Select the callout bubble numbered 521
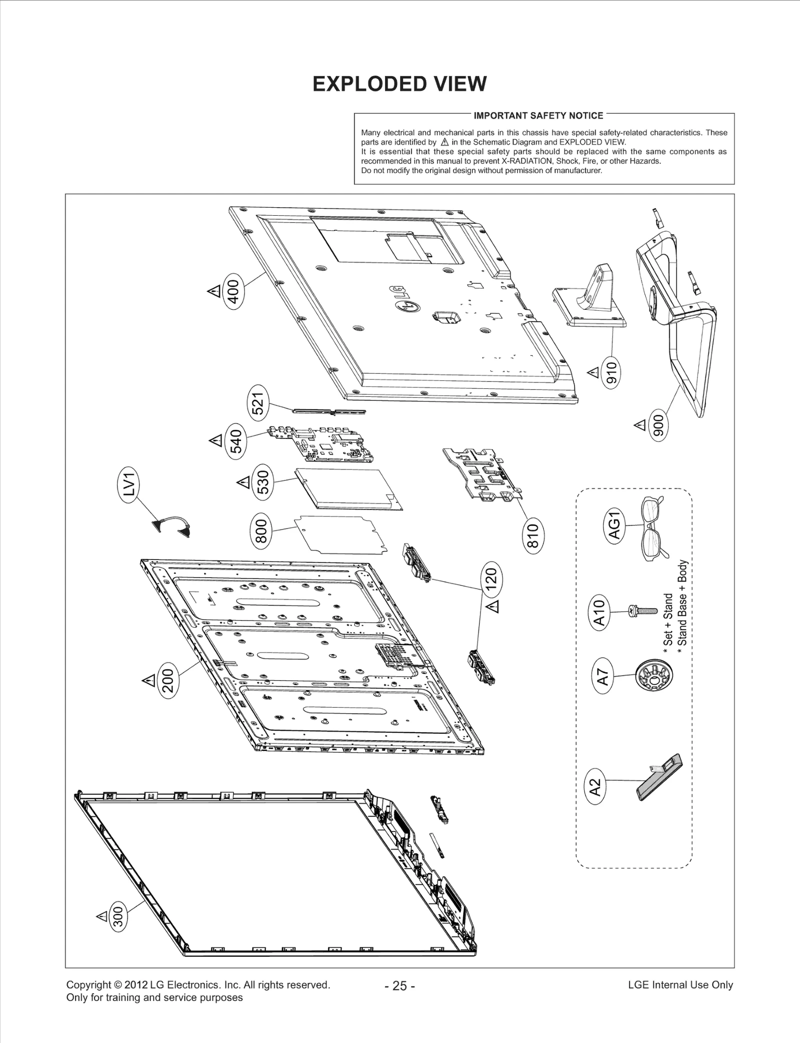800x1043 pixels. tap(257, 403)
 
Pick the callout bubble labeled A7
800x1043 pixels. tap(603, 677)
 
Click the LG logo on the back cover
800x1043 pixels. tap(403, 300)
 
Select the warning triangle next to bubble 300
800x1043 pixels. tap(101, 916)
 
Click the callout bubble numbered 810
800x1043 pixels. tap(533, 535)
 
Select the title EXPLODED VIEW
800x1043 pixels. tap(399, 84)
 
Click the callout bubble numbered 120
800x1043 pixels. tap(491, 579)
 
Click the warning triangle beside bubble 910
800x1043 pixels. tap(593, 372)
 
